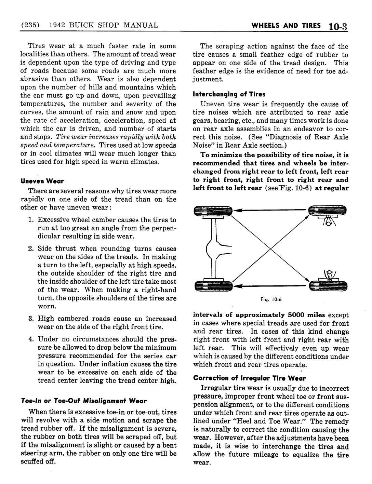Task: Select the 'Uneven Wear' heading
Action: (x=42, y=180)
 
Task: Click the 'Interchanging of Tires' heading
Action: (x=229, y=94)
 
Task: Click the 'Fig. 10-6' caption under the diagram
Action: (x=270, y=301)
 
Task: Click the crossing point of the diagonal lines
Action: (x=271, y=248)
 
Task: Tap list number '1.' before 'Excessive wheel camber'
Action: (x=31, y=220)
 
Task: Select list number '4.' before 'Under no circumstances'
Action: (x=31, y=339)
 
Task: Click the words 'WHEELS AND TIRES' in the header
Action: (x=286, y=26)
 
